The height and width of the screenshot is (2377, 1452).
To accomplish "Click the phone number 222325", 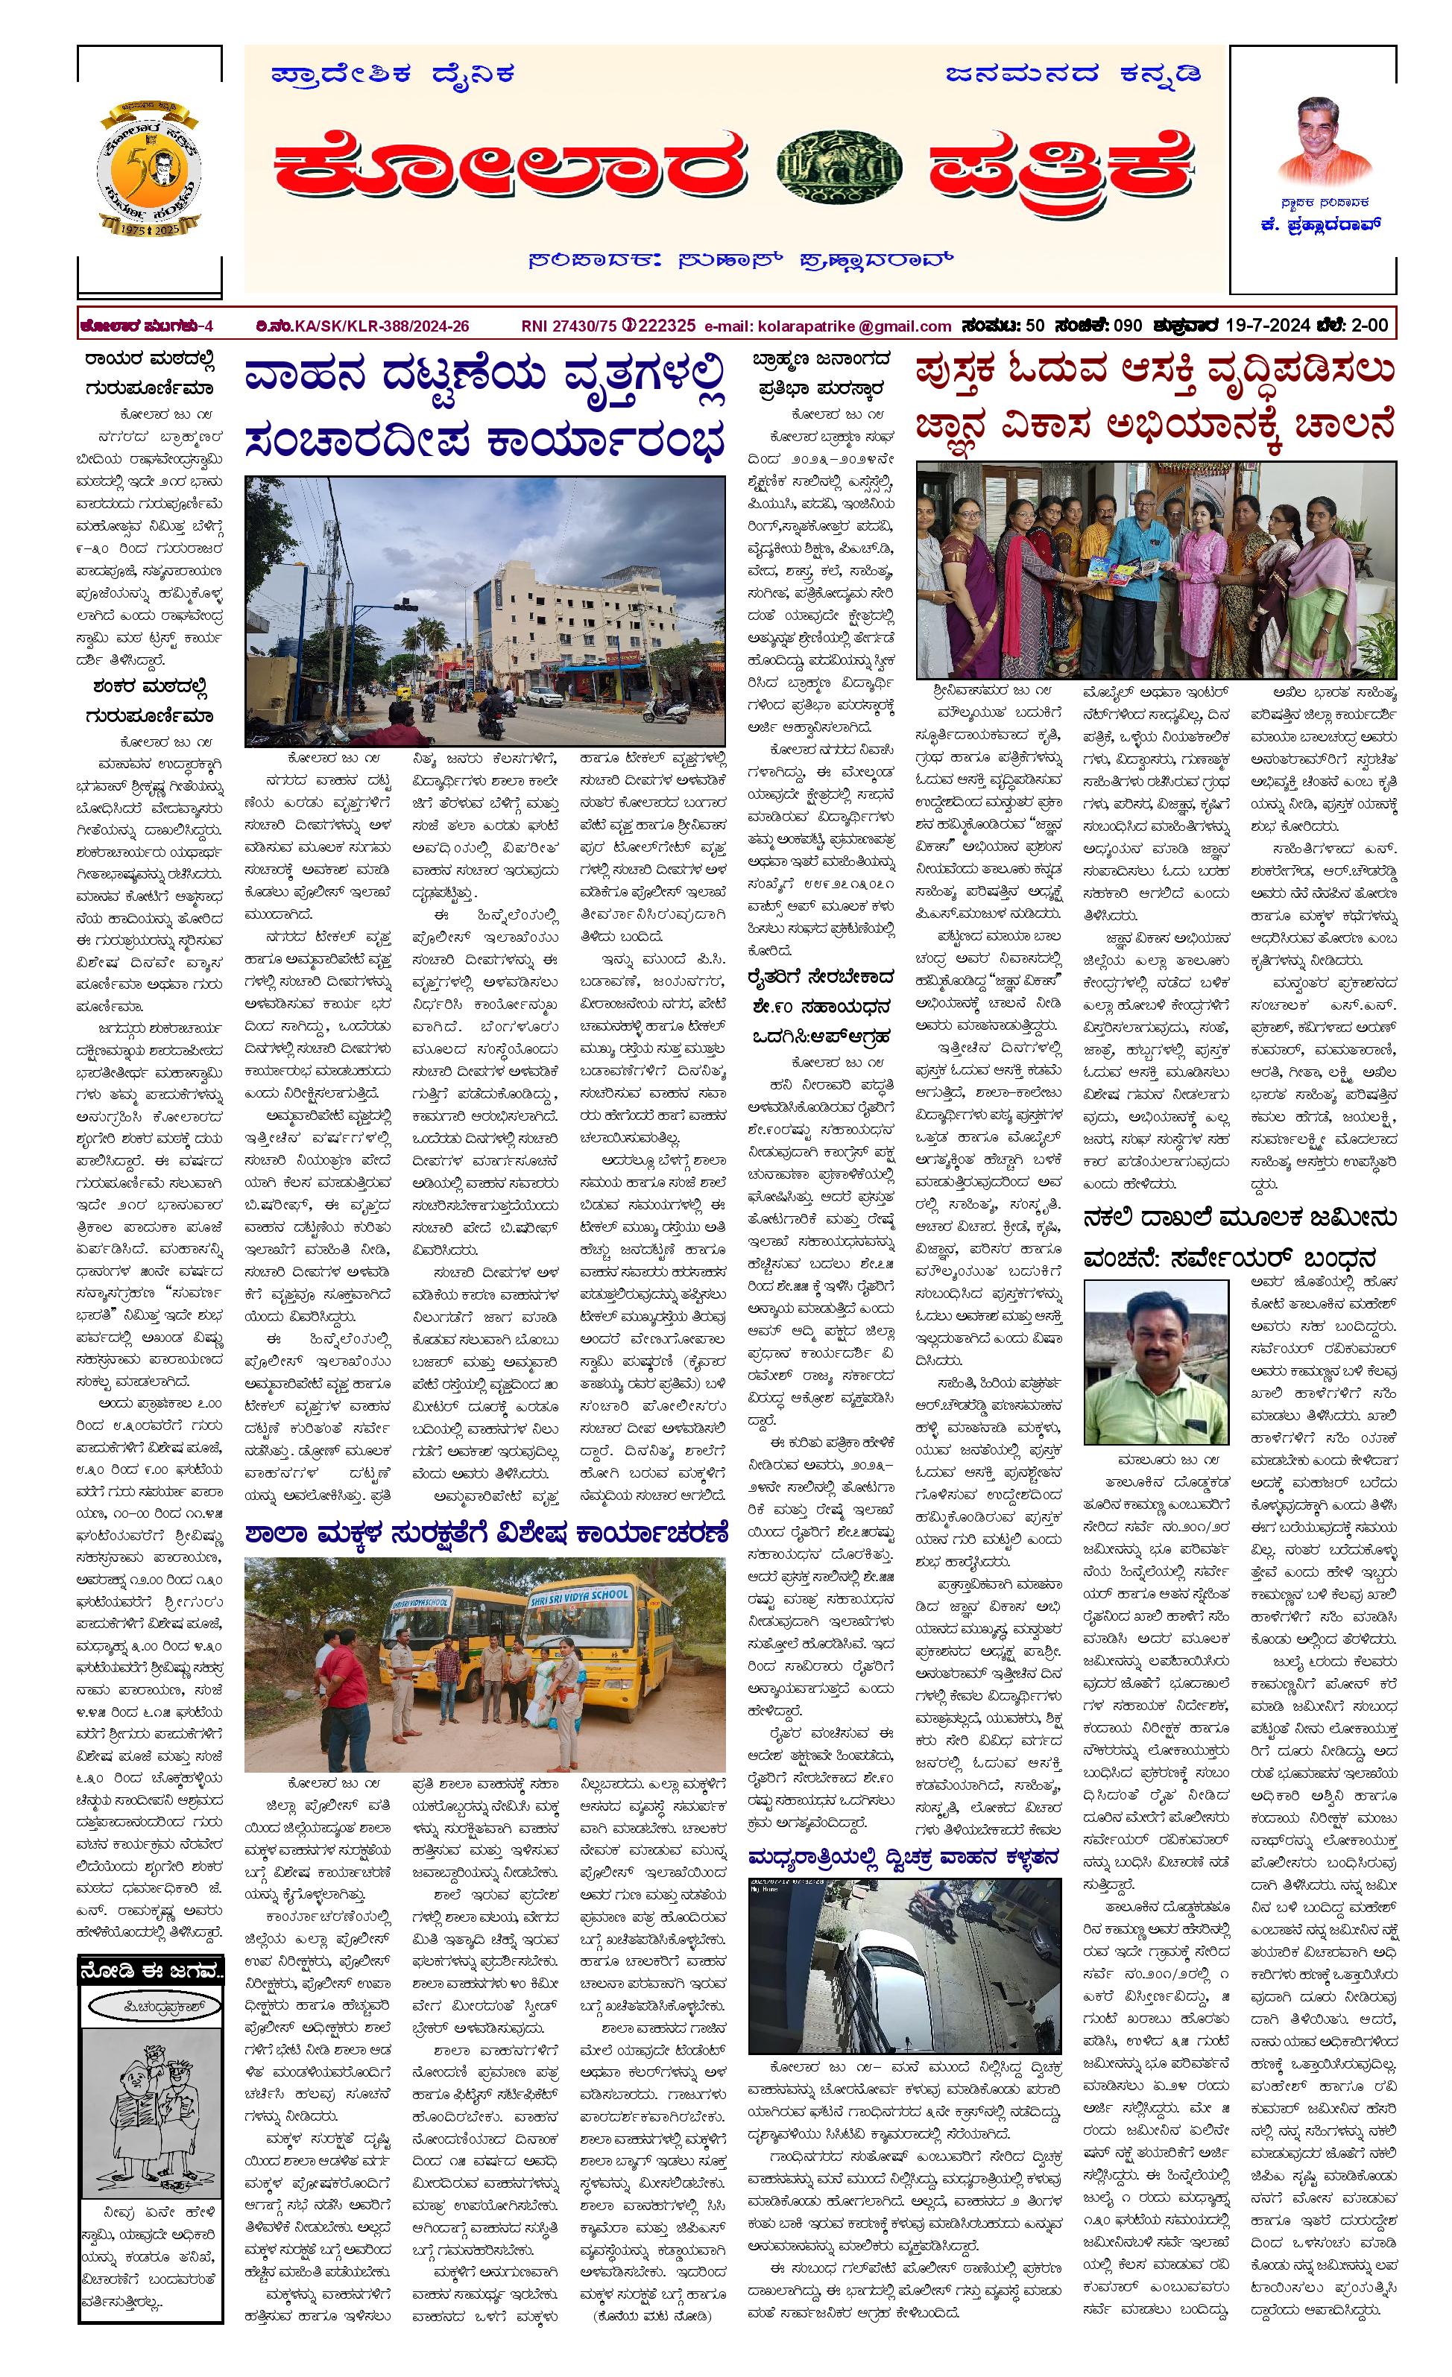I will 666,326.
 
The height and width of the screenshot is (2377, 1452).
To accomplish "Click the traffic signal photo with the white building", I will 484,610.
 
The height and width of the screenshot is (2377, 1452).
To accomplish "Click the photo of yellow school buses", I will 484,1662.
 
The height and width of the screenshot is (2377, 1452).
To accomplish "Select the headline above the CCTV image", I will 904,1857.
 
